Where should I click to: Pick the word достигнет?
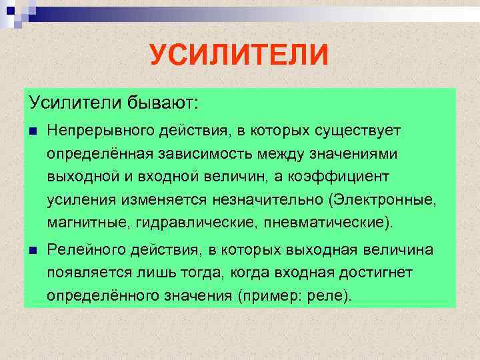point(376,273)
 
